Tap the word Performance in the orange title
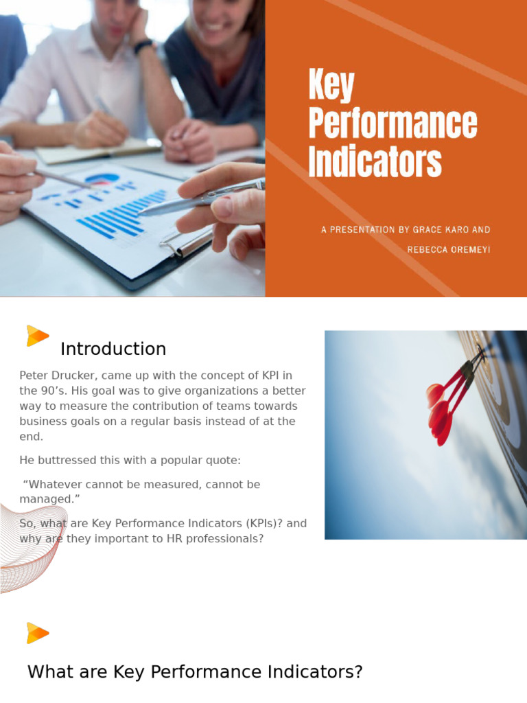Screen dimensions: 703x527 (393, 124)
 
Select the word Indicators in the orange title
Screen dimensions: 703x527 (375, 162)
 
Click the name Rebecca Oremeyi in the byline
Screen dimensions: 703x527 (449, 250)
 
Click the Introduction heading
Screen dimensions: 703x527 (113, 349)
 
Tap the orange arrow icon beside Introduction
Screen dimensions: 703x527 (37, 336)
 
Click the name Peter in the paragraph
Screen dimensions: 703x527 (34, 376)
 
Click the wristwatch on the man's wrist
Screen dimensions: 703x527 (143, 47)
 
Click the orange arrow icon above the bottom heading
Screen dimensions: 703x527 (37, 632)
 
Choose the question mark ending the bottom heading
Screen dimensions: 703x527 (357, 672)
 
